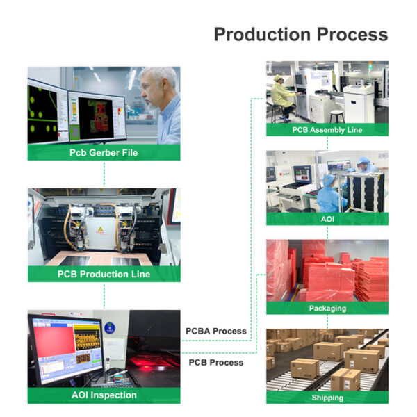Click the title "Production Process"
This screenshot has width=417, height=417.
tap(300, 34)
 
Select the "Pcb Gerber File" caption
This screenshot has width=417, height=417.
tap(104, 153)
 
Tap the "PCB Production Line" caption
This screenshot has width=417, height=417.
tap(104, 274)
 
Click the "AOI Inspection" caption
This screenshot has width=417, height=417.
tap(104, 395)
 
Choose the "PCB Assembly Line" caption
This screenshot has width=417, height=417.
tap(327, 130)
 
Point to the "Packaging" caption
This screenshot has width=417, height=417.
tap(327, 308)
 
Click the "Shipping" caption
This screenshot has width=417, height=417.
tap(327, 398)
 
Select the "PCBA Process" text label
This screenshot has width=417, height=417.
tap(216, 331)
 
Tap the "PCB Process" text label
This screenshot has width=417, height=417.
tap(216, 362)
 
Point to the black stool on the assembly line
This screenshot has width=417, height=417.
tap(337, 114)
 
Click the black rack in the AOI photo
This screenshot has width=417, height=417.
tap(366, 191)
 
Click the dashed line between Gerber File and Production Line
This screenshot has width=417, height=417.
tap(104, 174)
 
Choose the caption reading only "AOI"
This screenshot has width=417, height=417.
tap(327, 219)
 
